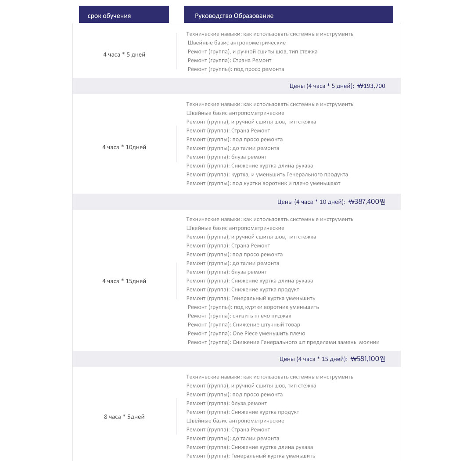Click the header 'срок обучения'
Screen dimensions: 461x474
point(109,16)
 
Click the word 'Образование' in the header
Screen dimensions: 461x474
point(254,16)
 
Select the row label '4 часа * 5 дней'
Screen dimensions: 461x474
point(124,54)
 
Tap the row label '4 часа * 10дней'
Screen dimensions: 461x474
point(124,147)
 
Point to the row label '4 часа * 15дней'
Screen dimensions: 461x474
point(124,281)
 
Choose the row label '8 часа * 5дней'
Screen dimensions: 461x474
point(124,417)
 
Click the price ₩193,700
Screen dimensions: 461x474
point(371,86)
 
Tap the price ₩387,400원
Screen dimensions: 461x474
point(366,202)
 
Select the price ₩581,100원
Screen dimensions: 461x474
point(368,359)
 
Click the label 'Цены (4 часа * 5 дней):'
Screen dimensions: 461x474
point(322,86)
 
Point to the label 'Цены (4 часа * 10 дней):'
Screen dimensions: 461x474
point(311,202)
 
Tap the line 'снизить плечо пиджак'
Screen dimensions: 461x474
point(262,316)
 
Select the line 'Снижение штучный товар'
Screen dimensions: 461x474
point(266,324)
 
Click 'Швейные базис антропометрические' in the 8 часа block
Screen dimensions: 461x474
point(235,421)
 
